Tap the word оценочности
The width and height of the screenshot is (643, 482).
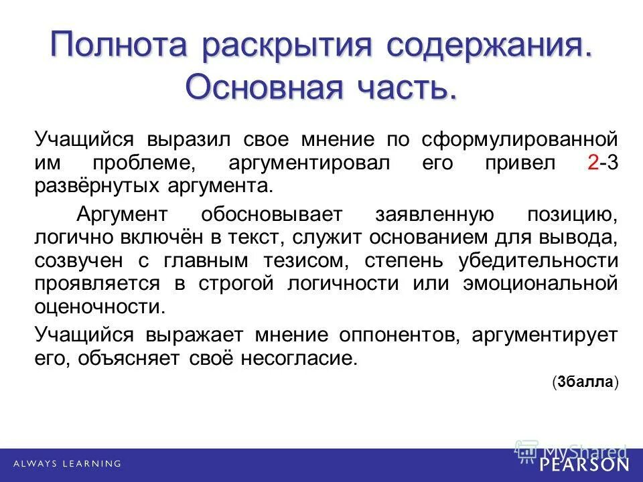tap(98, 307)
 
